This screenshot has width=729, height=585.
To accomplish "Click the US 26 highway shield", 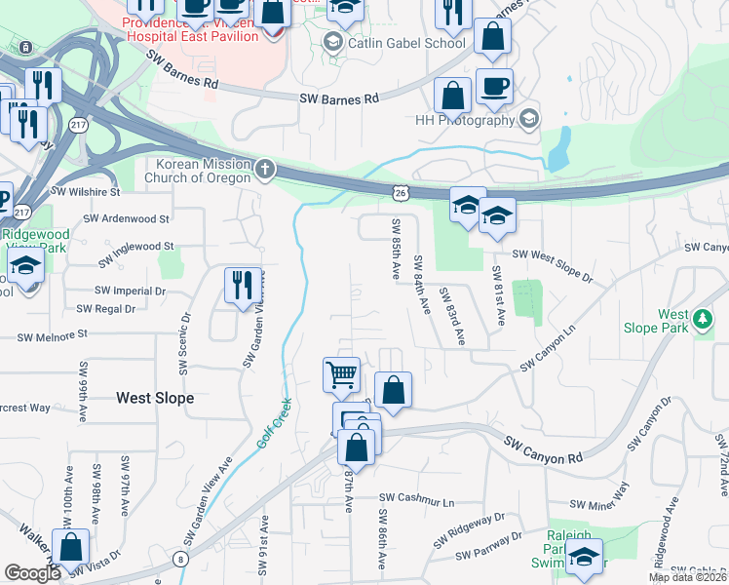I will click(x=401, y=194).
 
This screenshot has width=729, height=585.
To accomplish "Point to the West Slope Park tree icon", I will click(x=702, y=321).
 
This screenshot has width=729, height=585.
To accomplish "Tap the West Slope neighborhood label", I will click(x=155, y=398).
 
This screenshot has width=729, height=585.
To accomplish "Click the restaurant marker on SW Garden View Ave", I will click(x=243, y=284).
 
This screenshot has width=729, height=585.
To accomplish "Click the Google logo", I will click(x=33, y=573).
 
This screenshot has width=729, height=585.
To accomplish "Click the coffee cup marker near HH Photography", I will click(x=494, y=85).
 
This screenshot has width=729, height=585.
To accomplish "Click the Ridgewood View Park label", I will click(x=35, y=241).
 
